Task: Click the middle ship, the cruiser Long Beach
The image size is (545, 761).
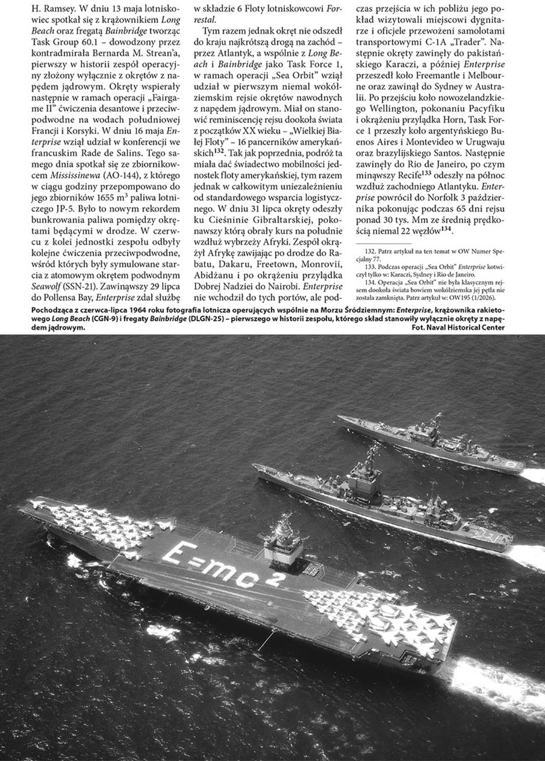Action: [375, 496]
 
